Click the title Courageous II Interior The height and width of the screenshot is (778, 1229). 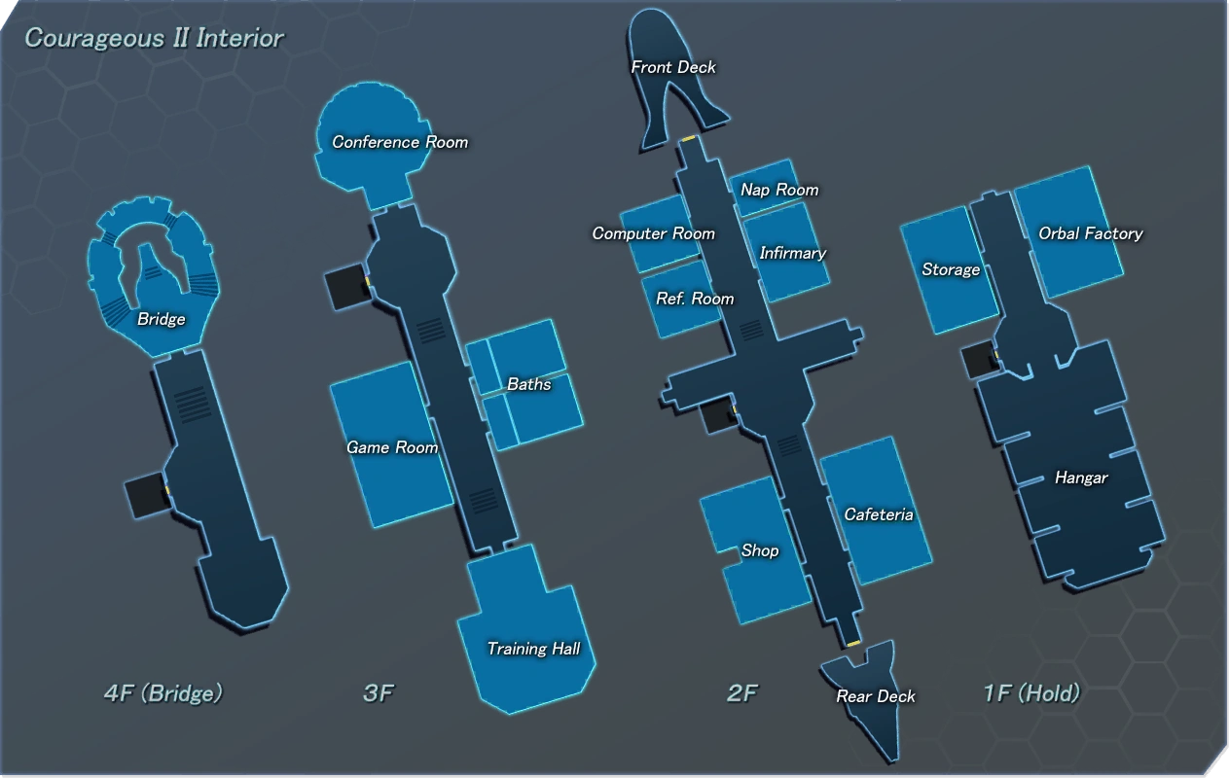tap(154, 39)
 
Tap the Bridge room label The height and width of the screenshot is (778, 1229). tap(161, 319)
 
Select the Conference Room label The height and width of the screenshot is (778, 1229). tap(400, 142)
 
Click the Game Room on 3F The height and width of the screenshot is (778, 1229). tap(392, 447)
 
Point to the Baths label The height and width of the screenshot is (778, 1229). tap(528, 384)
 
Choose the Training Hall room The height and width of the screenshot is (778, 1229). tap(533, 649)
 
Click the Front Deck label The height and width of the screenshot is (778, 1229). tap(672, 67)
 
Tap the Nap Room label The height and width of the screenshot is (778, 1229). tap(779, 190)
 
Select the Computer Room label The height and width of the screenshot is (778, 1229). tap(653, 233)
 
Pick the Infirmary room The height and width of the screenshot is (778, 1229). tap(792, 253)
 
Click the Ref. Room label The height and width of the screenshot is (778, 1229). tap(695, 299)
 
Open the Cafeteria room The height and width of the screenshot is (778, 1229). tap(879, 514)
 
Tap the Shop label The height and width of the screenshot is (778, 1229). tap(760, 550)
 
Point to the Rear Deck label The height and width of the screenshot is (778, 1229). tap(876, 696)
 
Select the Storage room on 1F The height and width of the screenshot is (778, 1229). tap(951, 269)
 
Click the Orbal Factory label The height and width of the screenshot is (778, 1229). tap(1090, 233)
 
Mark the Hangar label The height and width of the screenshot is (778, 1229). tap(1081, 477)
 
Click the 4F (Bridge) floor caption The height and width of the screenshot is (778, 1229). tap(163, 693)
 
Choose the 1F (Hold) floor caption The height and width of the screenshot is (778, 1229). tap(1031, 693)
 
